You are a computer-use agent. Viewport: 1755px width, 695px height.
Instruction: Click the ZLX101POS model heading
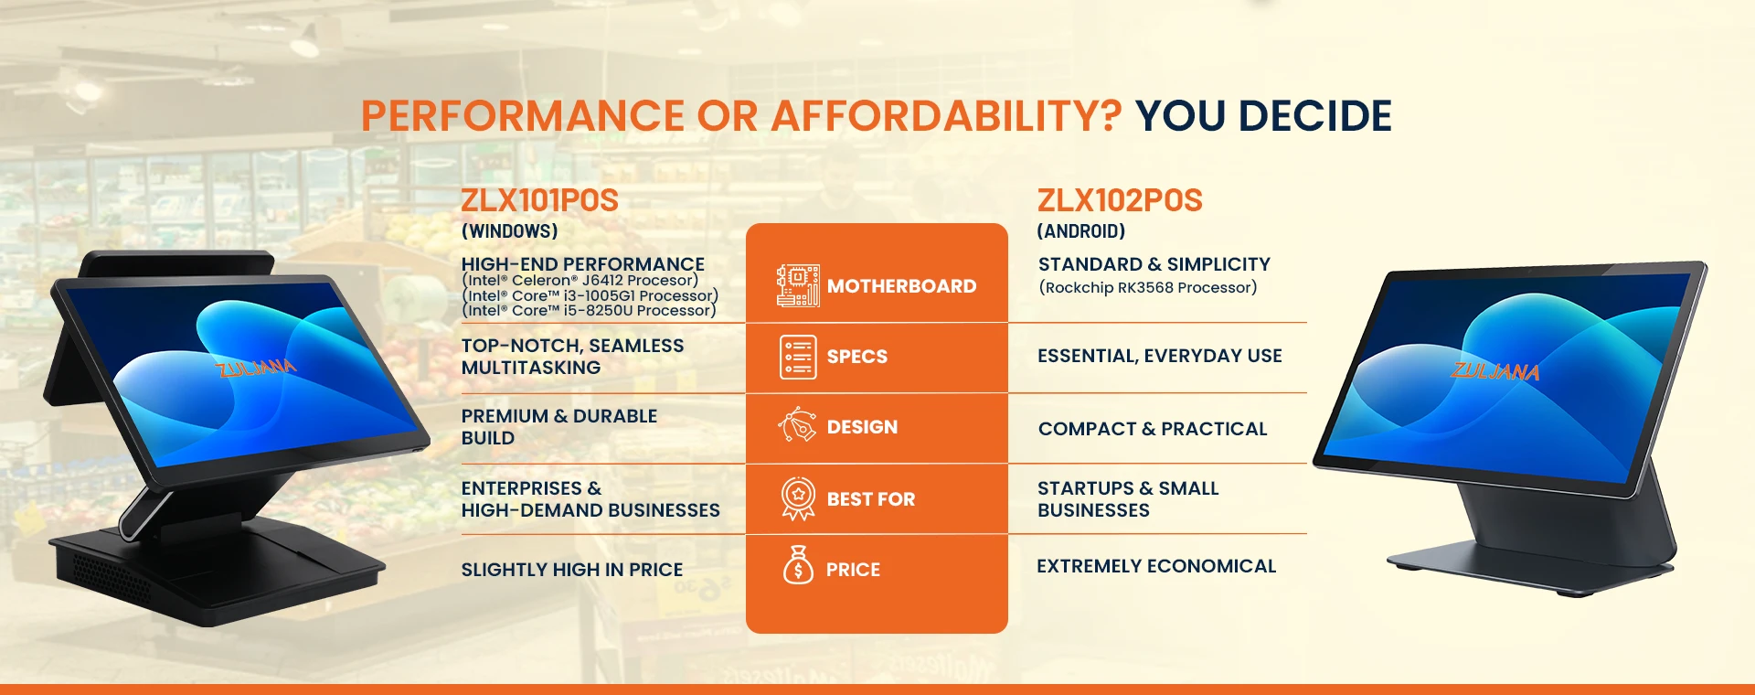(x=539, y=200)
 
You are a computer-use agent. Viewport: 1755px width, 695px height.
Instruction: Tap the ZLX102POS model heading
(x=1120, y=200)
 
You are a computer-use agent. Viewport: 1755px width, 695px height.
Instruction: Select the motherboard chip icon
(x=798, y=285)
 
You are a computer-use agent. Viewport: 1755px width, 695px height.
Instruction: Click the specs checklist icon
(x=798, y=357)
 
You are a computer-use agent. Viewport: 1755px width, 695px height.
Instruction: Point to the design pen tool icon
(x=797, y=426)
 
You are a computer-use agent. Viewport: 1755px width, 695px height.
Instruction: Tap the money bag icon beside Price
(x=798, y=564)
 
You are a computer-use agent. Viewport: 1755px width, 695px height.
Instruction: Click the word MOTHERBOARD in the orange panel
(x=901, y=286)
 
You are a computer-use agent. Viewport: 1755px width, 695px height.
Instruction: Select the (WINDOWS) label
(x=509, y=231)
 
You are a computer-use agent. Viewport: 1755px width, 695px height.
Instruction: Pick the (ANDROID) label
(x=1081, y=231)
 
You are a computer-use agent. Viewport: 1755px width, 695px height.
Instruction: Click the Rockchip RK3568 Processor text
(x=1148, y=287)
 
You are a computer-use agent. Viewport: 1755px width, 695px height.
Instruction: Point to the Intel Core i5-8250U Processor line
(x=590, y=311)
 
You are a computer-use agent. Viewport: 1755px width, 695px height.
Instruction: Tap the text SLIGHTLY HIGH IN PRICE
(x=572, y=570)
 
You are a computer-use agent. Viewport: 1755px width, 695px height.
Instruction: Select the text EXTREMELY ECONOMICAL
(x=1156, y=566)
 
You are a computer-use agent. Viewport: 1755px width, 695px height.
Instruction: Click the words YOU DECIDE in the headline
(x=1263, y=116)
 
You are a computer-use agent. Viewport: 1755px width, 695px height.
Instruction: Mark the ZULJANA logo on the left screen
(x=256, y=368)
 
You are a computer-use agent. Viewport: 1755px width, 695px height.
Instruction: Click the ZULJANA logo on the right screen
(x=1495, y=370)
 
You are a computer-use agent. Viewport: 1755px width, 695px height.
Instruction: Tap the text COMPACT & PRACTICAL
(x=1153, y=429)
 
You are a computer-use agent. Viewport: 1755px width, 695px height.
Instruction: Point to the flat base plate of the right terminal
(x=1531, y=567)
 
